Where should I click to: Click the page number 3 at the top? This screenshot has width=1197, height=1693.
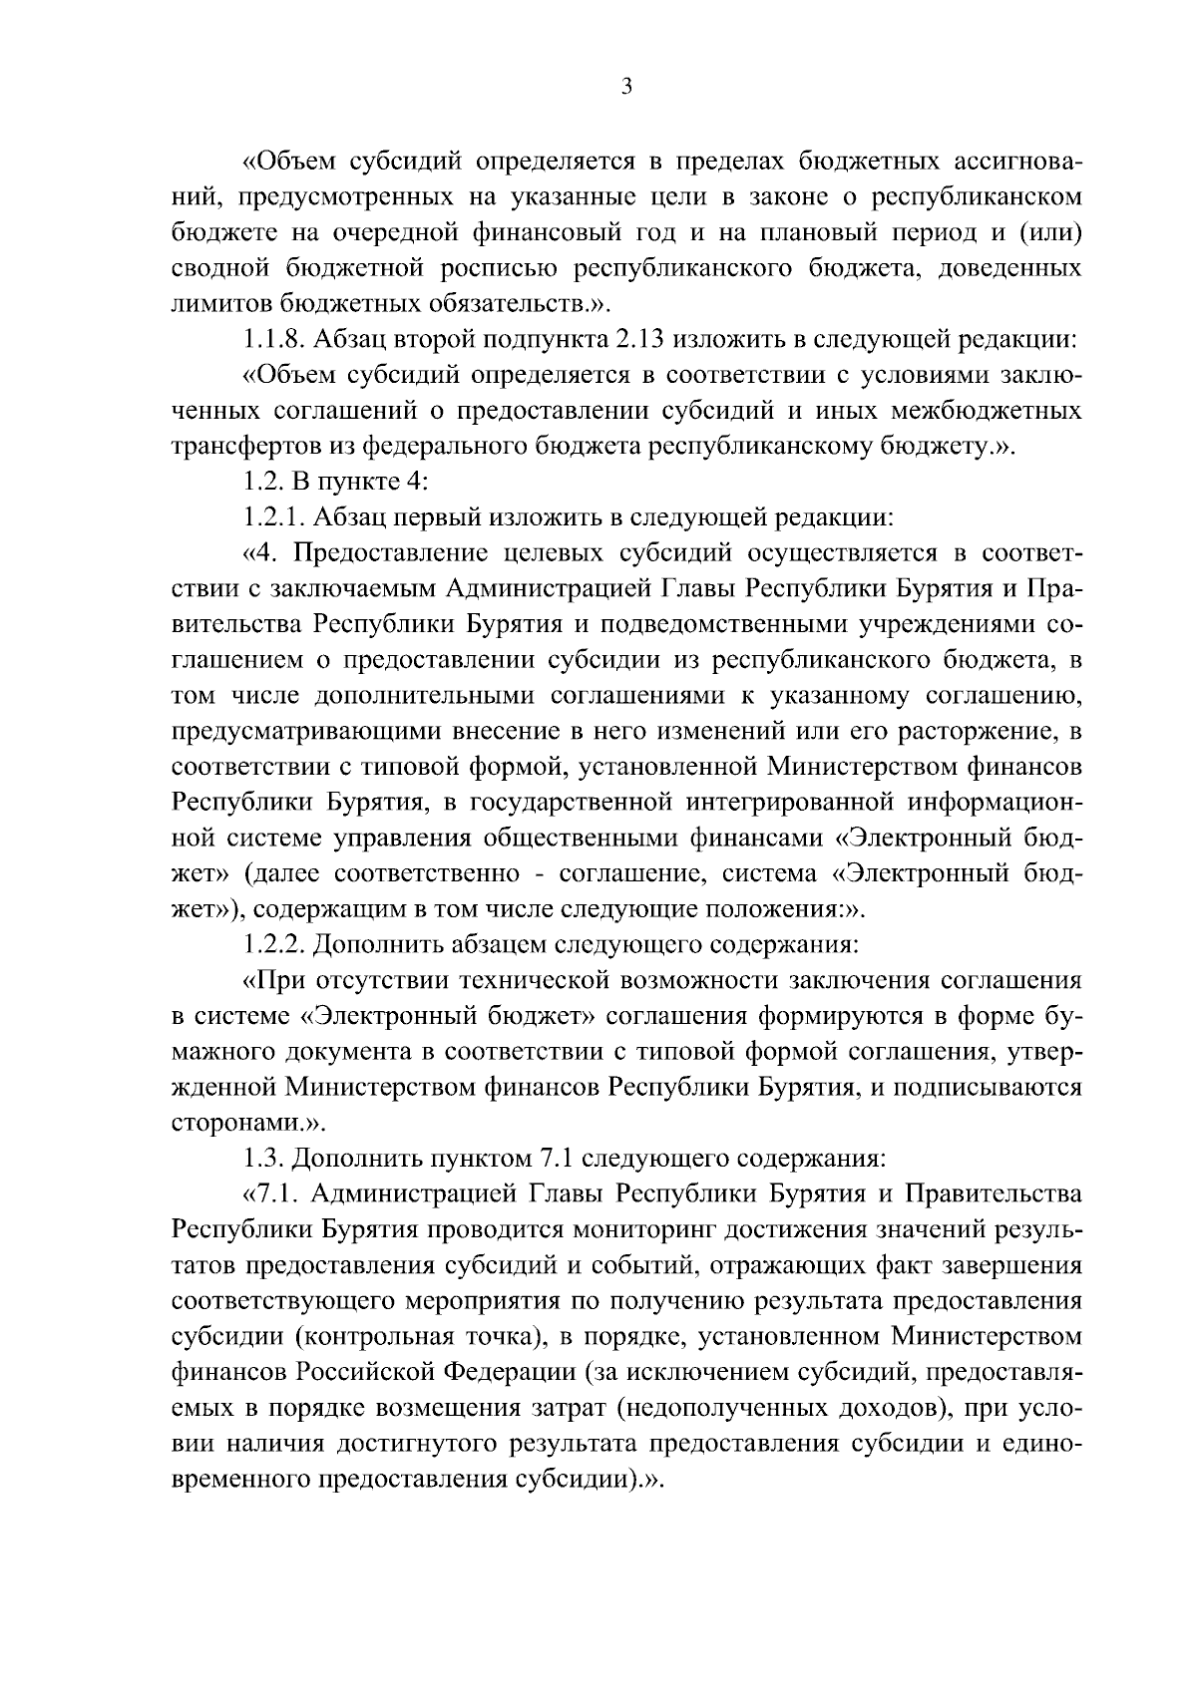coord(625,87)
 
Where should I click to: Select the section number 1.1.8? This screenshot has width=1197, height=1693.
coord(274,339)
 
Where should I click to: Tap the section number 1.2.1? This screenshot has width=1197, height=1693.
coord(274,517)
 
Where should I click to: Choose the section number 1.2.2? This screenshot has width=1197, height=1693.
coord(274,943)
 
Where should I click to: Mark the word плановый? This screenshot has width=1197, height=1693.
coord(818,232)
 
